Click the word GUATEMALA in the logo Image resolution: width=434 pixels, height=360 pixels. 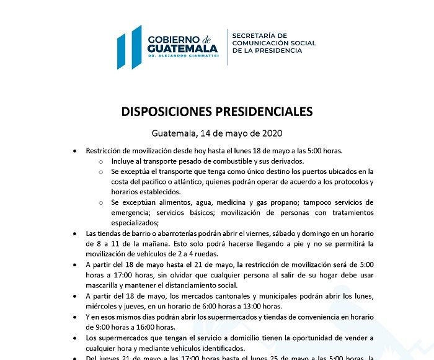[x=182, y=48]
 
